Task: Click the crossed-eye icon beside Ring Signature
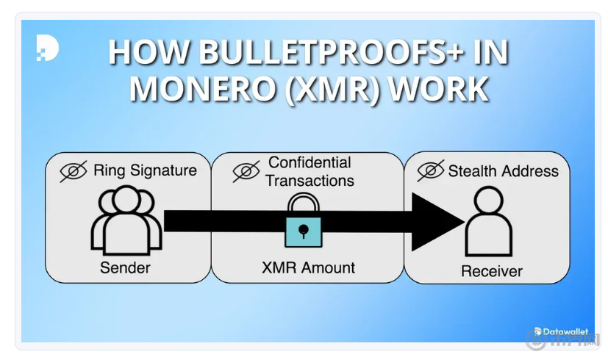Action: click(74, 171)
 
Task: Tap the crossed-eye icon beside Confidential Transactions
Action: click(246, 171)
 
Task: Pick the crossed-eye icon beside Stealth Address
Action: click(431, 171)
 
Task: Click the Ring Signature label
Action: click(145, 171)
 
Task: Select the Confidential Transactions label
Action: click(310, 171)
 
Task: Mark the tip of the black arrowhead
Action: click(464, 220)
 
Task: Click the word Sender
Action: click(125, 268)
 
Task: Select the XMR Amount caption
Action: click(308, 268)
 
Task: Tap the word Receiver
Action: click(491, 272)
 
